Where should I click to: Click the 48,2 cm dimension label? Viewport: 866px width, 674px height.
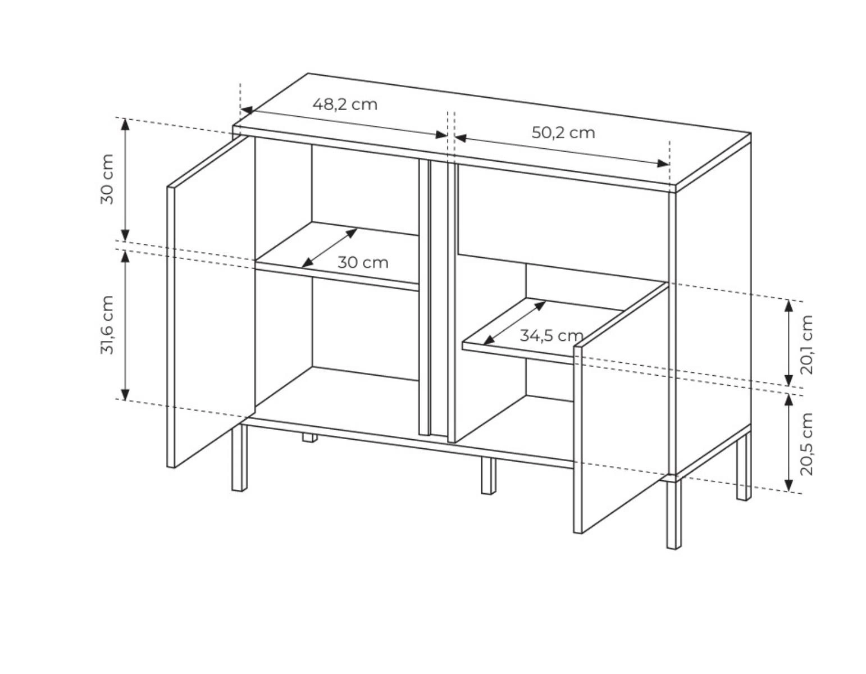[345, 104]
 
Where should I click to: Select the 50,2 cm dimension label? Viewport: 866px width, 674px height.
[563, 133]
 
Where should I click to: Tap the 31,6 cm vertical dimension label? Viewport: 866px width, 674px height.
[107, 325]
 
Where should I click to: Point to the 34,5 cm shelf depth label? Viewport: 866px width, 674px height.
[551, 336]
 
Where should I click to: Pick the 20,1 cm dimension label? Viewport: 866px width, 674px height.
[806, 344]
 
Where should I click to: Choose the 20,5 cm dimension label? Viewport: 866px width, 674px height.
[806, 444]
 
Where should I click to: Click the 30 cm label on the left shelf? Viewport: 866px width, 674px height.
[363, 263]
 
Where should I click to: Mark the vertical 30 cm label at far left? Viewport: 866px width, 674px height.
[107, 179]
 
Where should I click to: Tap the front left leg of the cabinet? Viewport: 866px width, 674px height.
[239, 458]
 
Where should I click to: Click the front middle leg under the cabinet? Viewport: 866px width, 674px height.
[489, 476]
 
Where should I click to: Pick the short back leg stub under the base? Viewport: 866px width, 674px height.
[309, 438]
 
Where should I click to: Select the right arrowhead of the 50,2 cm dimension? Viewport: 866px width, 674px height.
[663, 163]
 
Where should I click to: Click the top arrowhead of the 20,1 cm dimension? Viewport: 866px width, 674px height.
[788, 306]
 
